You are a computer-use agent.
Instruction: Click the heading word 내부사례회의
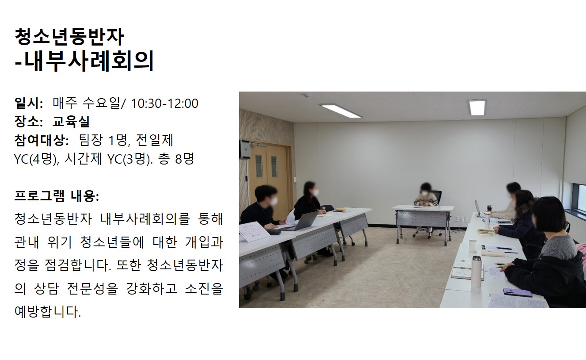[89, 61]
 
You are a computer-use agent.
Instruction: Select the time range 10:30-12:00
[164, 103]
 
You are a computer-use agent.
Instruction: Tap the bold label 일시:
[29, 103]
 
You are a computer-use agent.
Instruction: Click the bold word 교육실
[71, 121]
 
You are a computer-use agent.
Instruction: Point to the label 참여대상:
[42, 140]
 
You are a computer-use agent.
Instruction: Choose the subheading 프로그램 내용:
[57, 196]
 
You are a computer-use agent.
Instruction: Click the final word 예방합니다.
[48, 311]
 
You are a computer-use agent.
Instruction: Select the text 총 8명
[176, 159]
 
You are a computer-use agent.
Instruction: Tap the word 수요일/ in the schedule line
[104, 103]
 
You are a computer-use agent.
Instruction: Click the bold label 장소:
[29, 121]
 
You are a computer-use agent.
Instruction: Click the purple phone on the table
[517, 292]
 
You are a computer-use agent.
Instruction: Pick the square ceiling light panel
[477, 107]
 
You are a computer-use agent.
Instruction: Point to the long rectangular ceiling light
[340, 111]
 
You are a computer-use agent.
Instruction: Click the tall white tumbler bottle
[476, 271]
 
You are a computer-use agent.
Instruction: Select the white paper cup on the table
[473, 245]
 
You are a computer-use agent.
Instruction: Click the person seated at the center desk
[426, 195]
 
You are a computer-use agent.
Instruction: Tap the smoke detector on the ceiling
[307, 96]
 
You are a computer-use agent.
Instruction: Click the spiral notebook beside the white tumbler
[462, 269]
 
